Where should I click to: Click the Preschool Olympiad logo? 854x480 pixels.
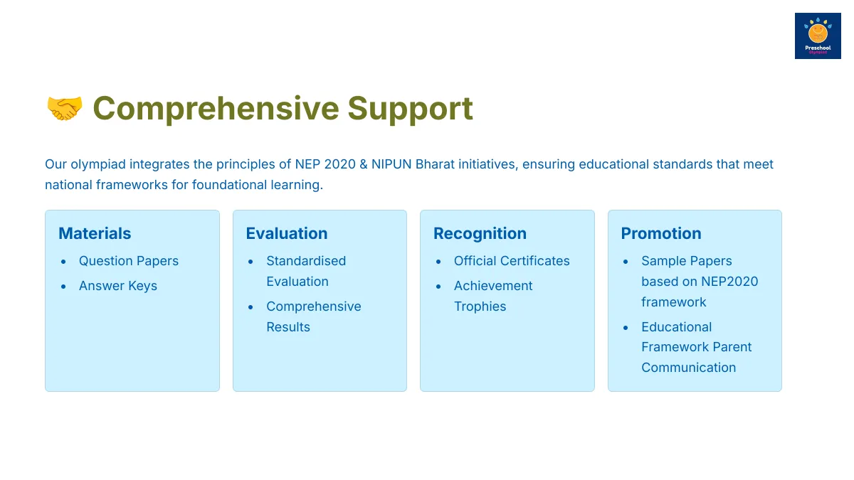tap(818, 36)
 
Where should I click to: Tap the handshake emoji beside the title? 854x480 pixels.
tap(65, 108)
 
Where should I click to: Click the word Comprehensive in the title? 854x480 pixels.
tap(216, 109)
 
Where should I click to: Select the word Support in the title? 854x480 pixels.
tap(410, 110)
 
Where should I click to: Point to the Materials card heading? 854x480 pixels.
tap(95, 233)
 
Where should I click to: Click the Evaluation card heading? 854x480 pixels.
tap(287, 233)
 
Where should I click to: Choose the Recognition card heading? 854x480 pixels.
tap(480, 234)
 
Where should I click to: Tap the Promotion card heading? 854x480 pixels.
tap(661, 233)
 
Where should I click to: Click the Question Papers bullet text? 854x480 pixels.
tap(129, 262)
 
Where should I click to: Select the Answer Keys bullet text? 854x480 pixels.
tap(118, 286)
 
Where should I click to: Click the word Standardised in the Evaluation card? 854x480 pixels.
tap(306, 261)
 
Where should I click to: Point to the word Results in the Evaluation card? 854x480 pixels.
tap(288, 327)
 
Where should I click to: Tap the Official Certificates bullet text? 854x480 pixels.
tap(512, 261)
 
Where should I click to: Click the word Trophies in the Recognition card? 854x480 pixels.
tap(480, 306)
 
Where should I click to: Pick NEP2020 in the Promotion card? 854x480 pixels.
tap(729, 282)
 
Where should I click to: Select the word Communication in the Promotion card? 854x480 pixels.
tap(689, 368)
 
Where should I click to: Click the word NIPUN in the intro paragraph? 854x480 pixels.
tap(391, 164)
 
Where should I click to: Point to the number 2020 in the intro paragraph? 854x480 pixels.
tap(339, 164)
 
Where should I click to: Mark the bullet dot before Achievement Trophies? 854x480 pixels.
tap(438, 286)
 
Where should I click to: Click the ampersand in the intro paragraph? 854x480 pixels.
tap(364, 164)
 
